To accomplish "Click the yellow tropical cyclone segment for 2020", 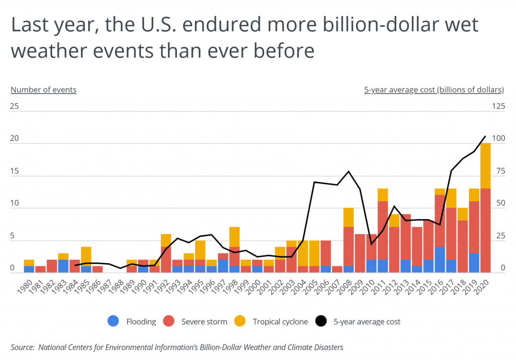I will coord(485,166).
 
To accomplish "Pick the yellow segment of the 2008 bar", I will coord(349,217).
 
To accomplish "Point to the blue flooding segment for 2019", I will coord(474,262).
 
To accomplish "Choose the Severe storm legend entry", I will coord(204,321).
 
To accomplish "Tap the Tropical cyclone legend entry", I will coord(280,321).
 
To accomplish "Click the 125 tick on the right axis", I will coord(497,106).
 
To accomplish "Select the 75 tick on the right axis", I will coord(497,171).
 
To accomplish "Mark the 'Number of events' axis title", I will coord(43,90).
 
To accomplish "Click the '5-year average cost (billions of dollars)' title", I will coord(434,90).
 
